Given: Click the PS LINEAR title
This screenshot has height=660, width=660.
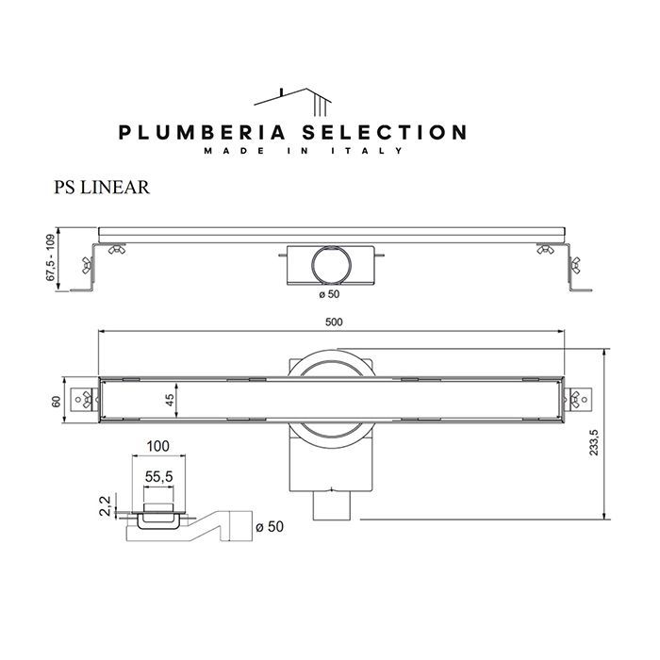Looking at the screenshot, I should tap(102, 187).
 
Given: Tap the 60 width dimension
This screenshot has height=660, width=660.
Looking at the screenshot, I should tap(56, 402).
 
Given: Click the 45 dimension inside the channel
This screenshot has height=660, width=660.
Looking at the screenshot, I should tap(170, 401).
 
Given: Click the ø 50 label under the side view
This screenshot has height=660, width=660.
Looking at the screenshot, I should tap(327, 294).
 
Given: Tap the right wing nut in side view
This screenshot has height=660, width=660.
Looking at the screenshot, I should tap(545, 250).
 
